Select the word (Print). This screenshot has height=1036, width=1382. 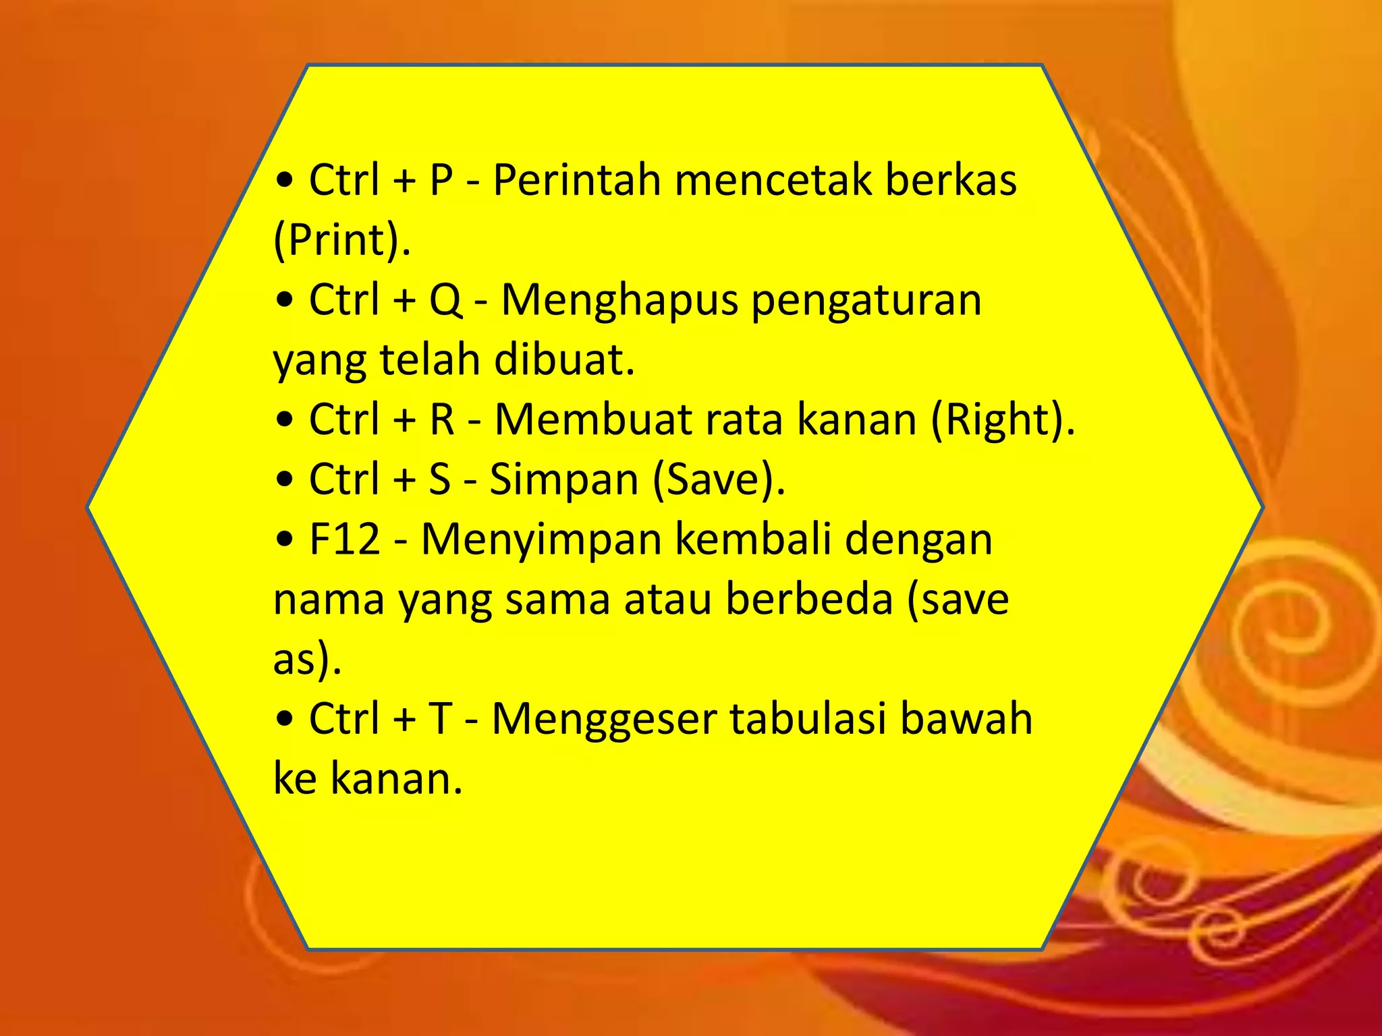pyautogui.click(x=341, y=240)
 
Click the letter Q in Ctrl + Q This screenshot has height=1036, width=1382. pyautogui.click(x=445, y=300)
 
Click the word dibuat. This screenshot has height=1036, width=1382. pyautogui.click(x=564, y=359)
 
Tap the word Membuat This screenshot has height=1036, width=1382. pyautogui.click(x=593, y=420)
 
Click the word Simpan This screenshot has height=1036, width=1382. pyautogui.click(x=563, y=480)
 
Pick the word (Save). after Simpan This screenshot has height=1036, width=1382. pyautogui.click(x=719, y=480)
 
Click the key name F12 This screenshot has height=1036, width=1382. pyautogui.click(x=345, y=540)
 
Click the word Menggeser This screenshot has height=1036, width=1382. pyautogui.click(x=604, y=720)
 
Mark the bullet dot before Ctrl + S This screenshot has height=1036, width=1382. pyautogui.click(x=285, y=480)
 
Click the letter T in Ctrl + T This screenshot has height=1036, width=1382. pyautogui.click(x=440, y=718)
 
